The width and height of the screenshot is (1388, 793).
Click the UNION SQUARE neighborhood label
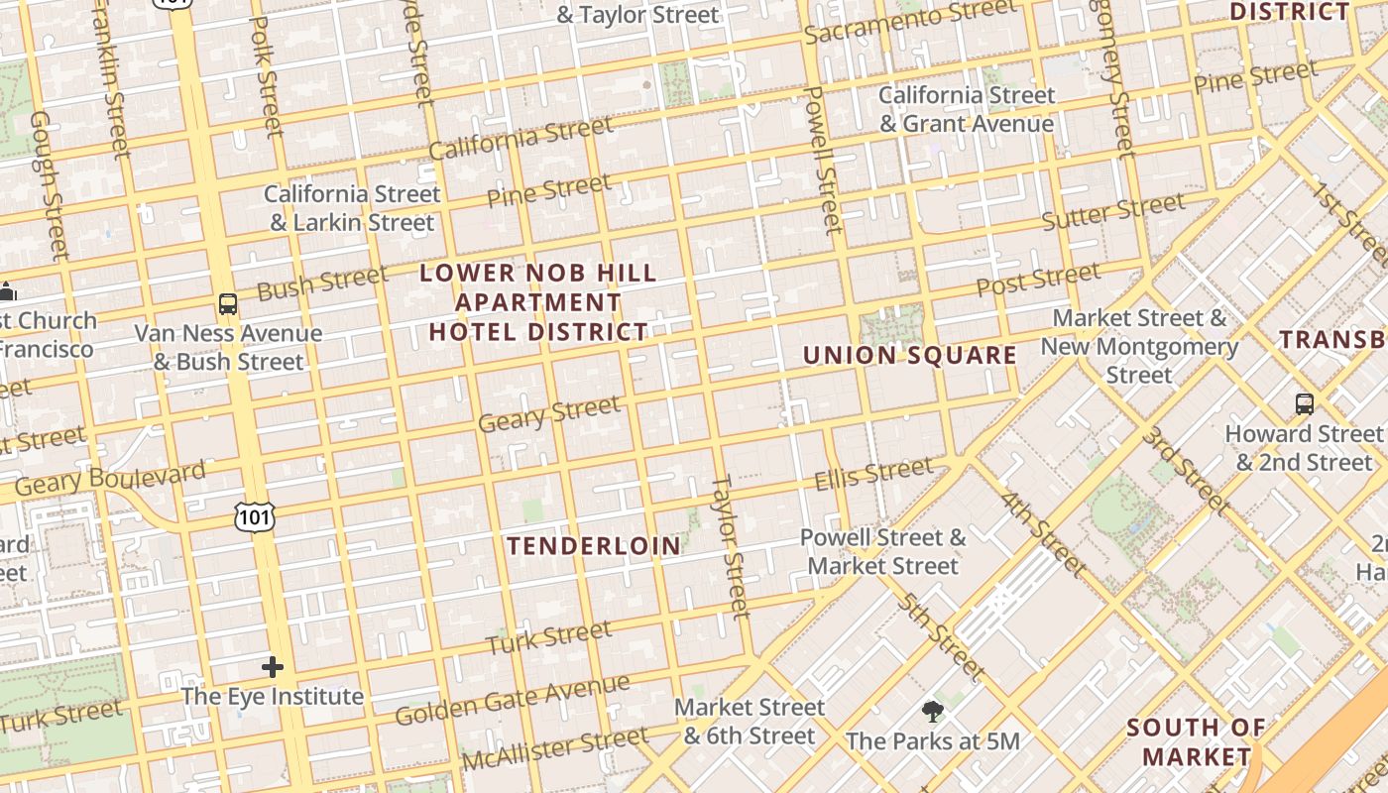tap(909, 355)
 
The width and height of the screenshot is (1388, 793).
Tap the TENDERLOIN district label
tap(594, 546)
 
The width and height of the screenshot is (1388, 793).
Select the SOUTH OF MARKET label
tap(1196, 741)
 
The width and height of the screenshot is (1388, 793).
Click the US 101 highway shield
tap(255, 515)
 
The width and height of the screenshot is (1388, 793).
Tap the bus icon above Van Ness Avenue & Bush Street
tap(228, 304)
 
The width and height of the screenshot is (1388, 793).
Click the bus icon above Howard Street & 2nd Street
tap(1304, 404)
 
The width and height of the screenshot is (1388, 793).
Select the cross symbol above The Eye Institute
tap(273, 667)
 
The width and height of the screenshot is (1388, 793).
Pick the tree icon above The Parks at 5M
tap(932, 711)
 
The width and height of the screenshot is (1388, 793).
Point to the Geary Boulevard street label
tap(110, 478)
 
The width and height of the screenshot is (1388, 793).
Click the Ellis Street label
tap(873, 473)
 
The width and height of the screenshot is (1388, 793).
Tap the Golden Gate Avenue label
tap(512, 699)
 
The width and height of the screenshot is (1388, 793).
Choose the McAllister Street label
tap(555, 749)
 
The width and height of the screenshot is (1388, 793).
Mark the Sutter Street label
tap(1112, 212)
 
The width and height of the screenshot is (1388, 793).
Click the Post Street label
tap(1038, 280)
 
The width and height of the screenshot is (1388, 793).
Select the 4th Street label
tap(1043, 534)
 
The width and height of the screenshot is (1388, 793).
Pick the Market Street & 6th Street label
tap(750, 722)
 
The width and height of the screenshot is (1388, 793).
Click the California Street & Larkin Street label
tap(352, 208)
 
